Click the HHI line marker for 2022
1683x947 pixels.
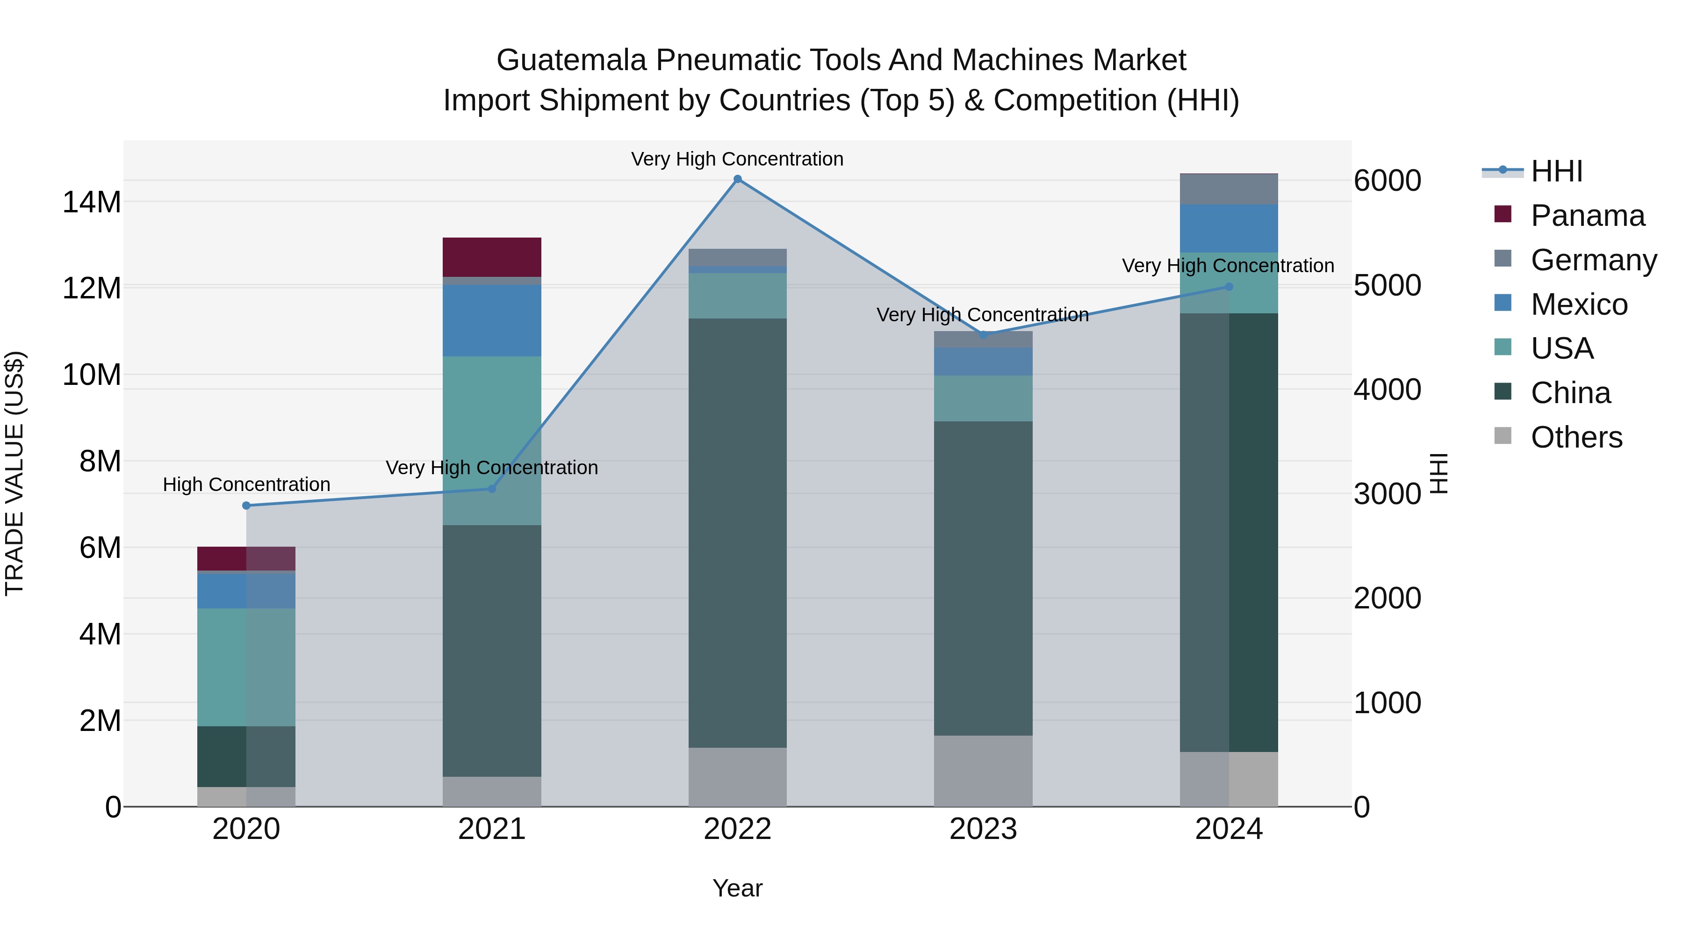pos(738,179)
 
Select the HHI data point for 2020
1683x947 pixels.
pos(246,505)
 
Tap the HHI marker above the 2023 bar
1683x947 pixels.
pos(983,335)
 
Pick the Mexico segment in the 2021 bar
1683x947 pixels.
pos(492,320)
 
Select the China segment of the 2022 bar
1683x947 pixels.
pos(738,533)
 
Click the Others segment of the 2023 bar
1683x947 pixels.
pos(983,771)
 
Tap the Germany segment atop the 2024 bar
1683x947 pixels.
pos(1229,189)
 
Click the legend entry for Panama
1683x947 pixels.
pos(1588,216)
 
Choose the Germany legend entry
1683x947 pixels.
pos(1594,260)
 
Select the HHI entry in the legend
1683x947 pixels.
pos(1556,171)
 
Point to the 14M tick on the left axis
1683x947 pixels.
pos(92,202)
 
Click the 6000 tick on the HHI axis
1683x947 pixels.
pos(1387,181)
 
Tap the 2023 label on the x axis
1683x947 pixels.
pos(983,829)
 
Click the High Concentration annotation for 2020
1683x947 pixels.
pos(246,484)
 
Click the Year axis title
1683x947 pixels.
pos(738,888)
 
